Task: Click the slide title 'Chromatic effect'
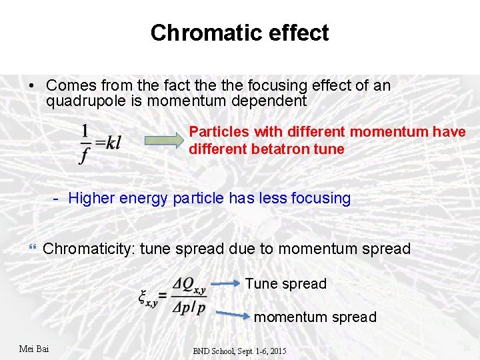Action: [x=239, y=33]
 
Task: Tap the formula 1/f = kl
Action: [x=100, y=143]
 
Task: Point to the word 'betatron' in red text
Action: [x=279, y=149]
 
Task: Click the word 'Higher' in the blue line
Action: [x=91, y=198]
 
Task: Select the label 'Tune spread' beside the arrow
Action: [x=285, y=284]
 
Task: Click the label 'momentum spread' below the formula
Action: [x=315, y=317]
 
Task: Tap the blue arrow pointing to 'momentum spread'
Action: [x=233, y=312]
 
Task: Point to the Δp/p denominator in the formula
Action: [x=189, y=307]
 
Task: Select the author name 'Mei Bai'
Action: [x=34, y=349]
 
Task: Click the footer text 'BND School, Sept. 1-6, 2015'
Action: [x=239, y=351]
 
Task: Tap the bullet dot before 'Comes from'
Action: [x=31, y=86]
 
